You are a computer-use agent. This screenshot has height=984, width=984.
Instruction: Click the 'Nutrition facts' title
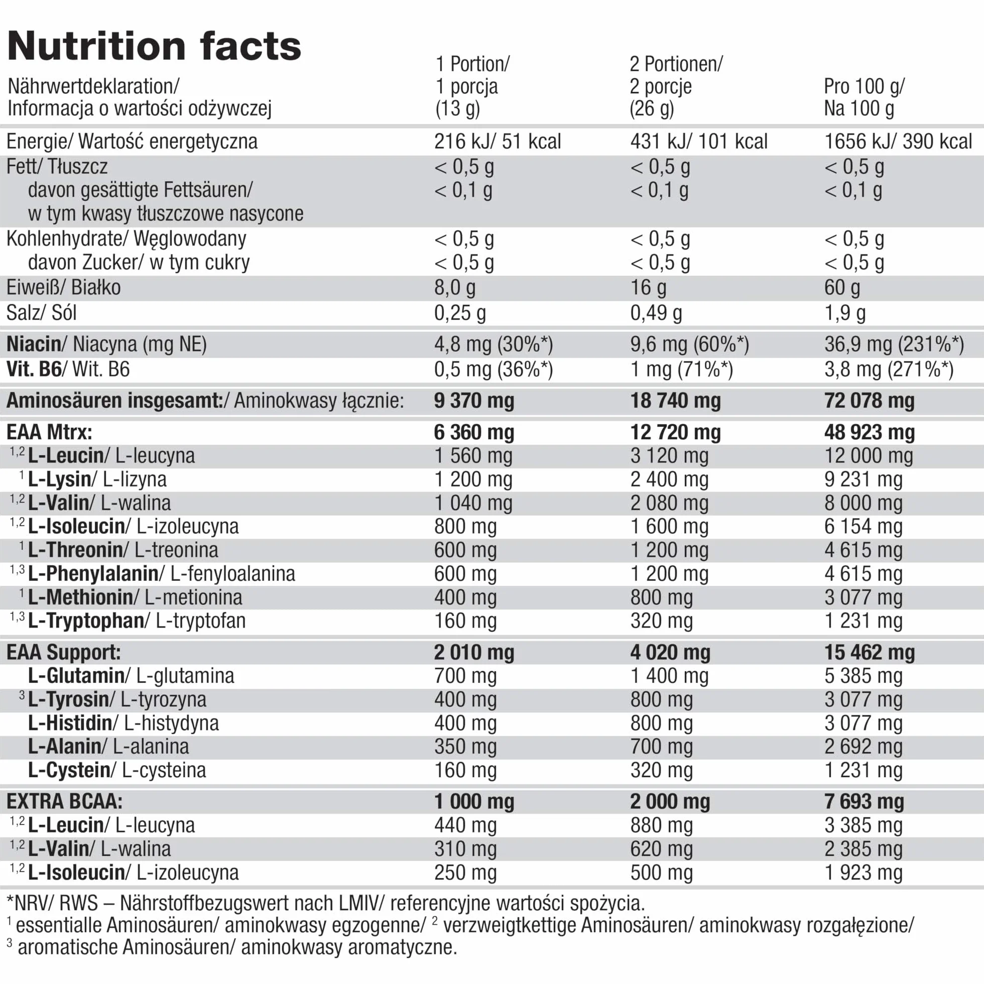coord(154,46)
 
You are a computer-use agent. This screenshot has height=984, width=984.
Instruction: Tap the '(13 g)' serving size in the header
coord(457,108)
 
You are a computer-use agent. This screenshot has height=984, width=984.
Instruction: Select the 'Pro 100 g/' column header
coord(864,86)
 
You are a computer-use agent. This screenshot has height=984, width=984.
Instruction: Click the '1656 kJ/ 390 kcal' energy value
coord(898,141)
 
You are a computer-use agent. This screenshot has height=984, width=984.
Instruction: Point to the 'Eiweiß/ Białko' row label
coord(64,288)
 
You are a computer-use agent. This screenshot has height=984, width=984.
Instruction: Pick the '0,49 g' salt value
coord(656,313)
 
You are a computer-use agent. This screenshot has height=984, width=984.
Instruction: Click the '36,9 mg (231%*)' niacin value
coord(894,344)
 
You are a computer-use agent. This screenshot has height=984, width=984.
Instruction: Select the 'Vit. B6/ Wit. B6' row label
coord(68,370)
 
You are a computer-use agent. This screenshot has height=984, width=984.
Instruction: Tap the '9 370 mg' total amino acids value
coord(474,401)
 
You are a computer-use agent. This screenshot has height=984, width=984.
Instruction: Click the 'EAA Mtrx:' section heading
coord(49,432)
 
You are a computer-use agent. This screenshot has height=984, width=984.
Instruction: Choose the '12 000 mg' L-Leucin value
coord(869,456)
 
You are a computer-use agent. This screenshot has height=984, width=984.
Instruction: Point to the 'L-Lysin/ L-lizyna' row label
coord(97,479)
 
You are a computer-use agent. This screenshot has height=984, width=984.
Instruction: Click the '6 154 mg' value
coord(864,526)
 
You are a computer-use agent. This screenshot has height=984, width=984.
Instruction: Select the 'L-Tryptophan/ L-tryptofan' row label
coord(137,621)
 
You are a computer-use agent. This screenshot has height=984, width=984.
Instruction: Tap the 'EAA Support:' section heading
coord(64,653)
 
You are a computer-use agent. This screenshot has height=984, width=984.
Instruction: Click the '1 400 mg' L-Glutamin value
coord(669,676)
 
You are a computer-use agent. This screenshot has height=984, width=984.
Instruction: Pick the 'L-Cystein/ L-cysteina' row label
coord(117,770)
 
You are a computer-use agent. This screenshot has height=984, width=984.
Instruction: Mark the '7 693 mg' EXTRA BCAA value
coord(865,802)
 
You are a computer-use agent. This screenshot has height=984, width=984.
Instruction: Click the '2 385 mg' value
coord(864,849)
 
